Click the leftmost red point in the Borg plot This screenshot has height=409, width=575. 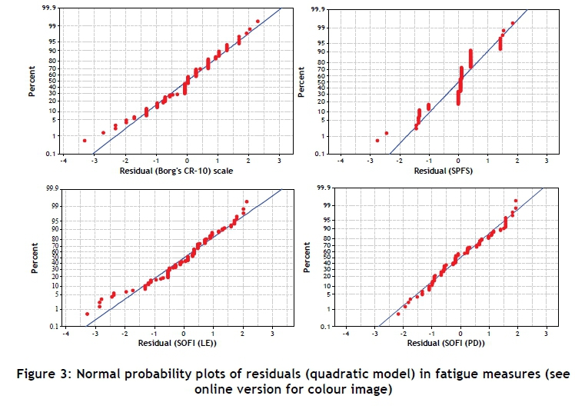point(85,140)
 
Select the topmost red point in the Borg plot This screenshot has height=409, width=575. point(258,22)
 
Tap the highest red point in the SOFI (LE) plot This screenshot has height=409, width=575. point(247,201)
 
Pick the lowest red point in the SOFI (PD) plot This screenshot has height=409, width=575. point(398,314)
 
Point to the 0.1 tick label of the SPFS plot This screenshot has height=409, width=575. point(327,153)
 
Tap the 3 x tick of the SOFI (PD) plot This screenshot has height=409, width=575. point(547,334)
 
